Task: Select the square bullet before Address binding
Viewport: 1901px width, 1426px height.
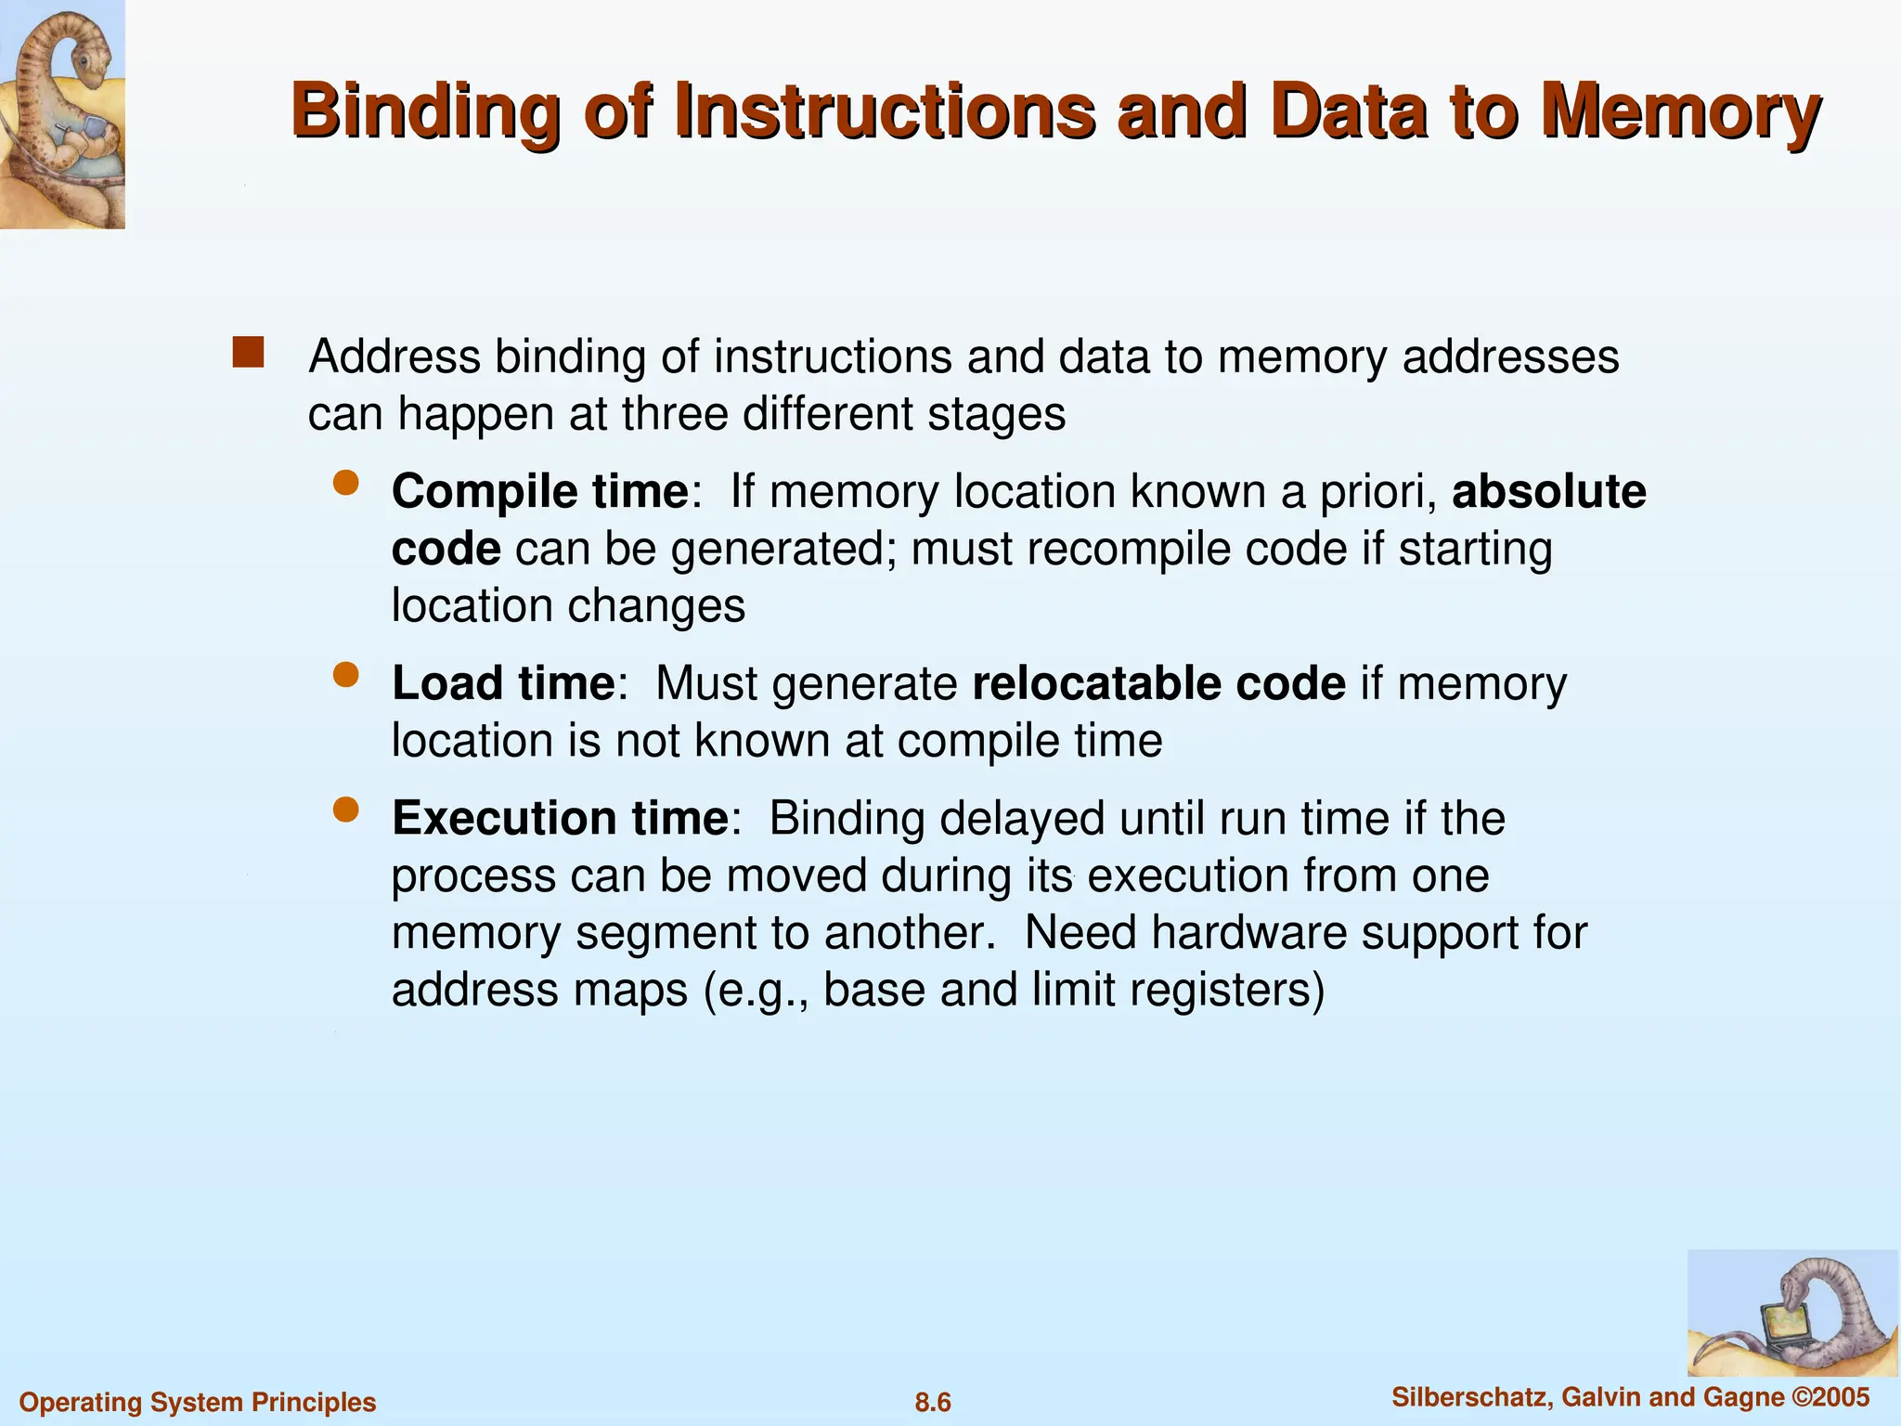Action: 248,353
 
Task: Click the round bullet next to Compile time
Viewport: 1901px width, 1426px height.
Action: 346,483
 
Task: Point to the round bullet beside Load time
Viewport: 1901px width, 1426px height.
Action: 346,675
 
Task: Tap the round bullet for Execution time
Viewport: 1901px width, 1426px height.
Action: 346,810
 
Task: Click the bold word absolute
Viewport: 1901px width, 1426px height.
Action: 1548,491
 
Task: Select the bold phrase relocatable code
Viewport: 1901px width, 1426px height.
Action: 1158,683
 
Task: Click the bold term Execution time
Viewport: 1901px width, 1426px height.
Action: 560,818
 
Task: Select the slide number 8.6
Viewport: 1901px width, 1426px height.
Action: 933,1402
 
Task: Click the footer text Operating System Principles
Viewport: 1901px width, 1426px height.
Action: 198,1402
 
